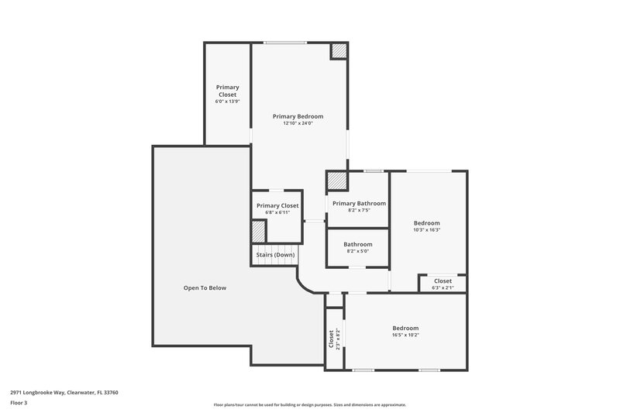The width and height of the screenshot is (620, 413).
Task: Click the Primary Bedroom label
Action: point(298,116)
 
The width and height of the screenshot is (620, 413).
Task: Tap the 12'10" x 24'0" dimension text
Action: point(298,123)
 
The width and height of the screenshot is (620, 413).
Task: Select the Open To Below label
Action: point(205,287)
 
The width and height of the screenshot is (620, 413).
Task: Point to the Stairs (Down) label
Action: point(275,254)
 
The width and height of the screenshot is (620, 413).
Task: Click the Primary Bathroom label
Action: point(359,203)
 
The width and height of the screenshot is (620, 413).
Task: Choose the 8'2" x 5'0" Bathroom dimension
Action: point(358,251)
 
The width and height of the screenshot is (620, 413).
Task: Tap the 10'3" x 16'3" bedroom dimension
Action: point(426,229)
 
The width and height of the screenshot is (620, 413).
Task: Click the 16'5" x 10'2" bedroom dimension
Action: point(405,335)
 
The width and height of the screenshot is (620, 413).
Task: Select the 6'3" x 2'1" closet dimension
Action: point(443,287)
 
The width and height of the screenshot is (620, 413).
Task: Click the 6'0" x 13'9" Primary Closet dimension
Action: point(227,102)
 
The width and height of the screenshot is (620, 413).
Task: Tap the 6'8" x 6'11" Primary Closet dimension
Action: point(277,212)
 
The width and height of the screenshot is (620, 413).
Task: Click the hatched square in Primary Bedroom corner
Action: point(339,51)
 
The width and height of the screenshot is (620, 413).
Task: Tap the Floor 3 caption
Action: point(19,403)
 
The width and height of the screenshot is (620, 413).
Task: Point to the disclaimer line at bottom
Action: point(309,404)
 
